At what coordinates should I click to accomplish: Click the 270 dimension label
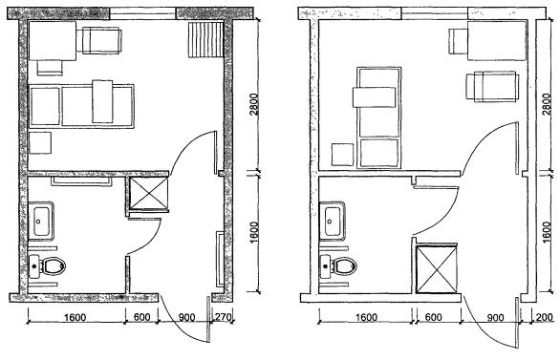click(222, 317)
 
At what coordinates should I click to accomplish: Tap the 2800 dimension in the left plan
click(254, 104)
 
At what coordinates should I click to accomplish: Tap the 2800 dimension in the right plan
click(547, 104)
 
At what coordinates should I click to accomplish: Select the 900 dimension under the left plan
click(186, 317)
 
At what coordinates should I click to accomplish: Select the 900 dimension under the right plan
click(495, 318)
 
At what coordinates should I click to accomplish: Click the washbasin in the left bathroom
click(41, 222)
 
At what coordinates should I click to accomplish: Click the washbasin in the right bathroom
click(333, 222)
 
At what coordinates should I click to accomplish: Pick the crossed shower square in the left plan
click(148, 193)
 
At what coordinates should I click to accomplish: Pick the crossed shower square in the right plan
click(437, 268)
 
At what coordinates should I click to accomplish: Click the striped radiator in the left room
click(205, 39)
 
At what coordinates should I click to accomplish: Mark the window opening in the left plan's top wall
click(142, 13)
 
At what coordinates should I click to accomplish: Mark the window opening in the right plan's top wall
click(435, 13)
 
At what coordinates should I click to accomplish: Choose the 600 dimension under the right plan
click(434, 317)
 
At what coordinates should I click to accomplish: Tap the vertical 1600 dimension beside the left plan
click(254, 233)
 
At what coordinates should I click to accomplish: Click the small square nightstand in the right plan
click(342, 155)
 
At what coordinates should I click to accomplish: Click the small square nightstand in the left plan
click(40, 143)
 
